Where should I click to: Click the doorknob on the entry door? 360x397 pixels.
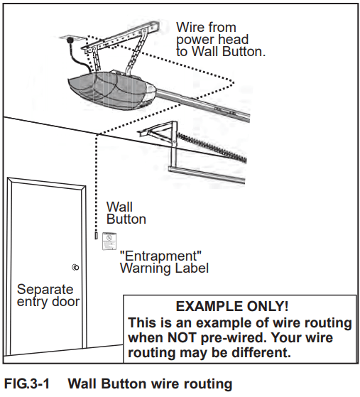(x=75, y=268)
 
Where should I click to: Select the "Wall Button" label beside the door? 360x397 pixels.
(x=126, y=213)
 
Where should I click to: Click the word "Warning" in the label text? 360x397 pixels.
(x=145, y=268)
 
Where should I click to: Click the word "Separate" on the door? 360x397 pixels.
(x=45, y=290)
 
